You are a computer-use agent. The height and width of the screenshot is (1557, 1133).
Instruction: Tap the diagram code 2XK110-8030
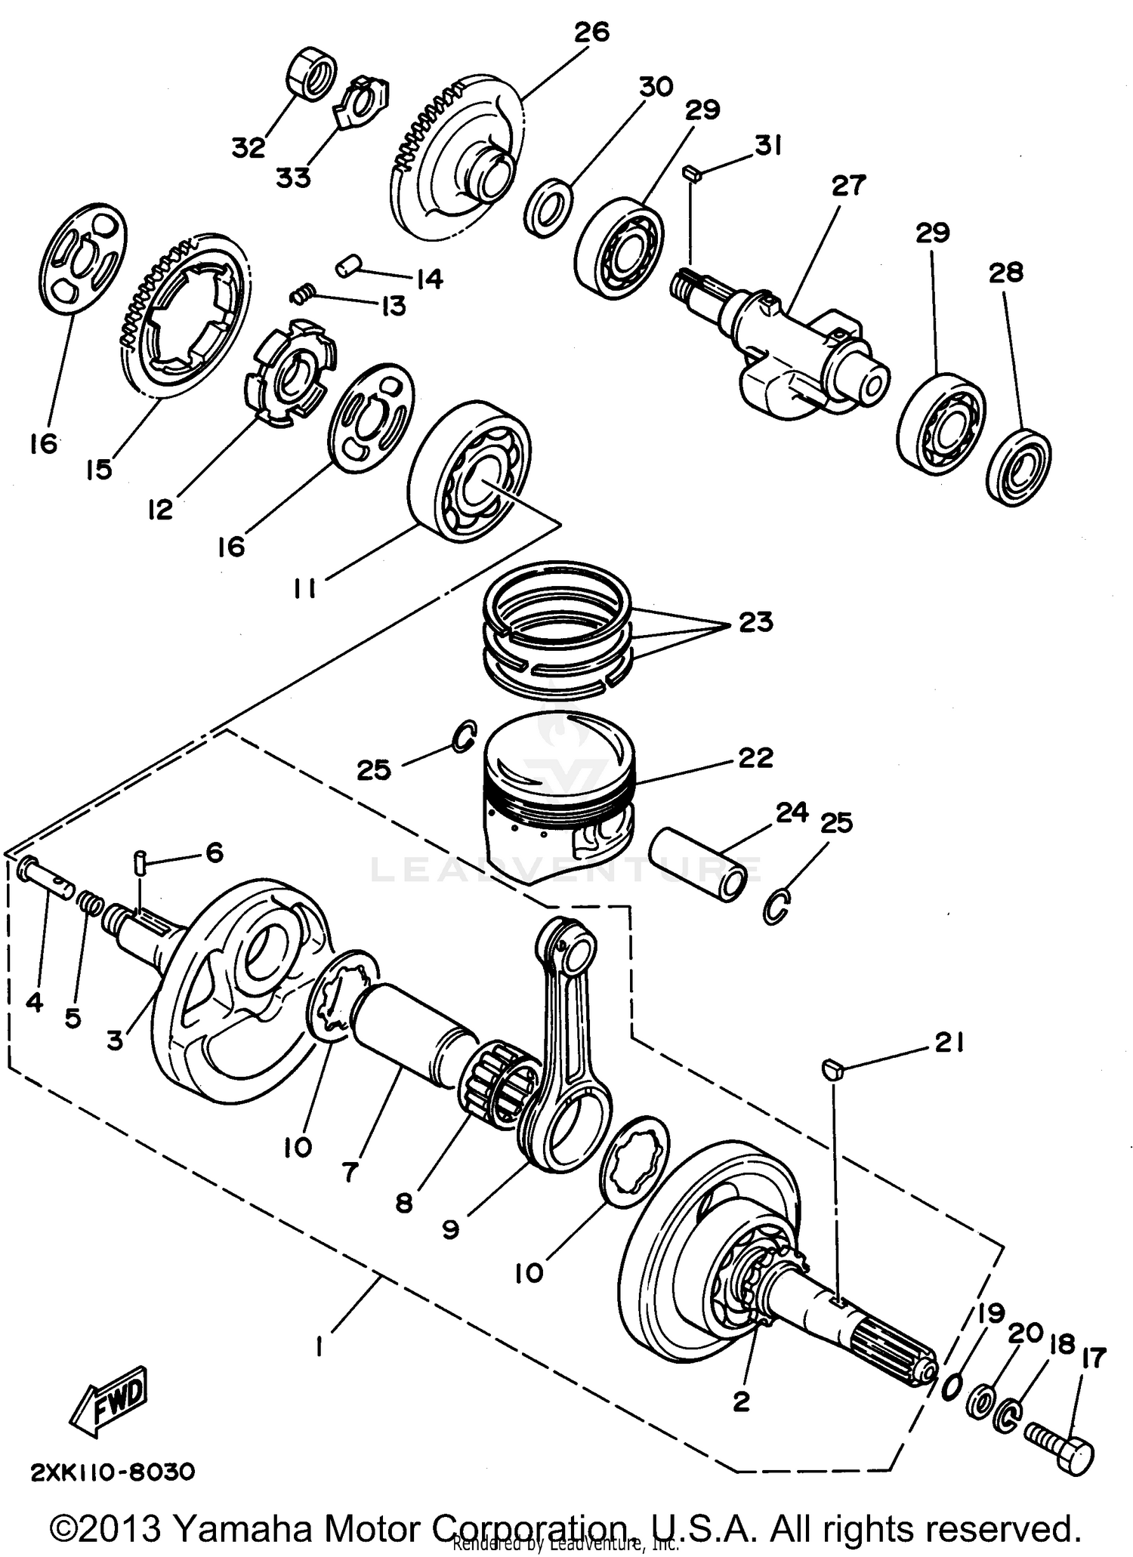pos(113,1472)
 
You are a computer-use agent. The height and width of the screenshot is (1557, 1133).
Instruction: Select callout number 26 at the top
pos(591,34)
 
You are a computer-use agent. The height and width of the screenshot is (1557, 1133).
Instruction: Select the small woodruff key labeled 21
pos(830,1068)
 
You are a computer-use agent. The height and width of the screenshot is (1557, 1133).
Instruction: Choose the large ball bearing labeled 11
pos(468,472)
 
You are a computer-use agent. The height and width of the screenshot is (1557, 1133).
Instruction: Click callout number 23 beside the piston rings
pos(755,623)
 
